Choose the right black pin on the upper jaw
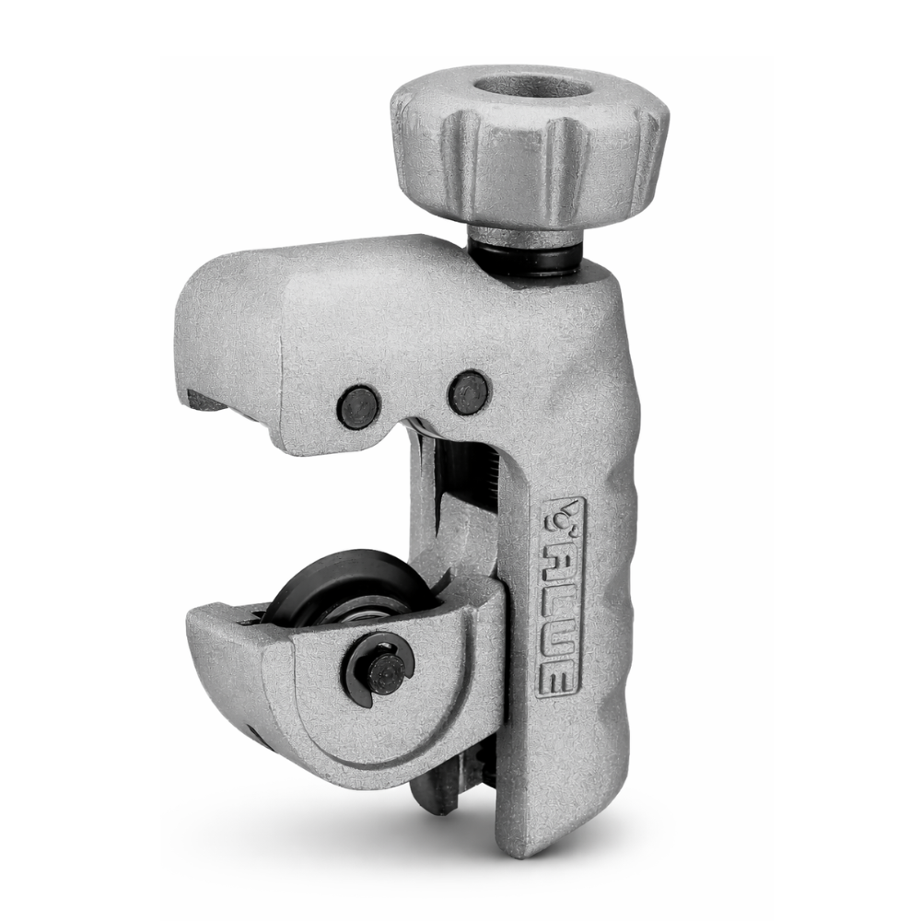click(468, 391)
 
